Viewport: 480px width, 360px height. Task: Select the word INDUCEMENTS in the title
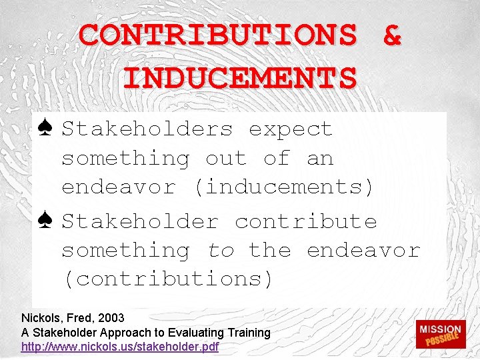point(240,78)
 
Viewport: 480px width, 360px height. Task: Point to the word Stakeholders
point(147,129)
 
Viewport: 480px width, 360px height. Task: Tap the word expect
point(291,129)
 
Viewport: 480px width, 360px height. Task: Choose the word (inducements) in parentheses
point(284,187)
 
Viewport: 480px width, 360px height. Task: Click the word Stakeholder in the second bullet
point(140,221)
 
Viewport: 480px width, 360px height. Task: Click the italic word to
point(221,250)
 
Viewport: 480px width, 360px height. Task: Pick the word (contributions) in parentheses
point(167,279)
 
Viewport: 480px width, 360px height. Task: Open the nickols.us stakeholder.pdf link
point(120,347)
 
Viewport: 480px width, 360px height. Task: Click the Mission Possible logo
point(439,333)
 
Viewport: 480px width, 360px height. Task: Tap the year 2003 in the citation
point(111,318)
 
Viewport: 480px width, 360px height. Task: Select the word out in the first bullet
point(227,158)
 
